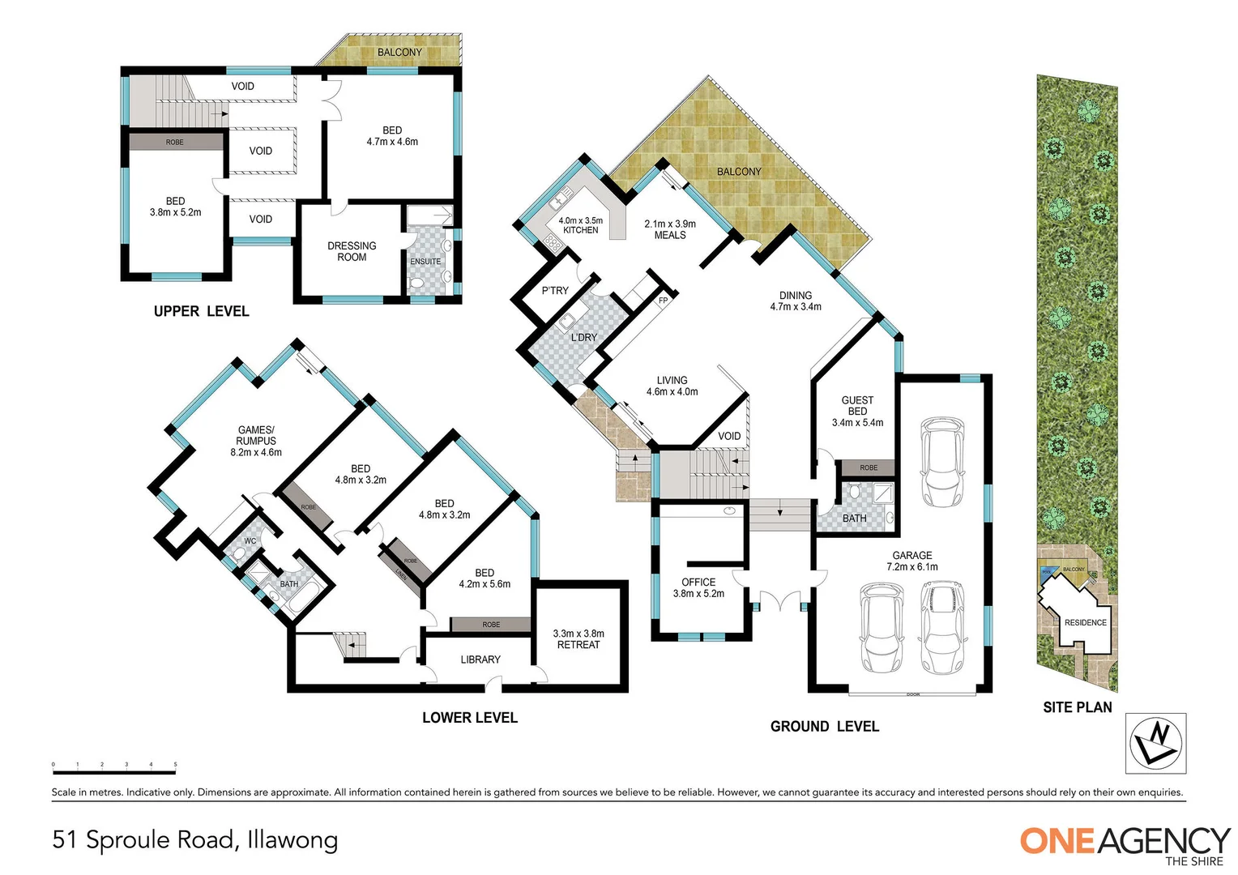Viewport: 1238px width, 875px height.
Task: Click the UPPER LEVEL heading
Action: [201, 311]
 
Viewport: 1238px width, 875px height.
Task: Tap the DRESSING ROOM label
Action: [352, 251]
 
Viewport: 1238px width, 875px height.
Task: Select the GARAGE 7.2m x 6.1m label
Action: [912, 561]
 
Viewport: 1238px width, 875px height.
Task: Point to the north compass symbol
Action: [1156, 743]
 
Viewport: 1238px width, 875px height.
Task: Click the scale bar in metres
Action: [114, 765]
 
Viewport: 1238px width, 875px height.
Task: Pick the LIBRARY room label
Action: [480, 659]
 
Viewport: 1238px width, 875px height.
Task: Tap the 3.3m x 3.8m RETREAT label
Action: [578, 639]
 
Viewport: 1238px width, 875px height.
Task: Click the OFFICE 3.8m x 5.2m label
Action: [698, 587]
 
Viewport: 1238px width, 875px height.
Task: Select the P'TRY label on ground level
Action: [555, 290]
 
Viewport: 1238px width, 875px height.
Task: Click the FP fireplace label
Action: [663, 301]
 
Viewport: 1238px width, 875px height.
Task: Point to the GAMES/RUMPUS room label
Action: [256, 441]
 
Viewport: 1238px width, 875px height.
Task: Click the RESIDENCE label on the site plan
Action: [1085, 622]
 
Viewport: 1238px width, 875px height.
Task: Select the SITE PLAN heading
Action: [1077, 707]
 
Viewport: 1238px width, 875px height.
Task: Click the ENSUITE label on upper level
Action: [425, 261]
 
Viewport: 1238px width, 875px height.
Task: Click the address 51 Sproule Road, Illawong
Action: [195, 839]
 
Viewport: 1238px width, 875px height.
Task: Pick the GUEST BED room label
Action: [857, 411]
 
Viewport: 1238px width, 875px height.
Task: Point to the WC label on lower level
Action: [250, 540]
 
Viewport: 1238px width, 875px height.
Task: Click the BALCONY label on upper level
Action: [399, 52]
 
